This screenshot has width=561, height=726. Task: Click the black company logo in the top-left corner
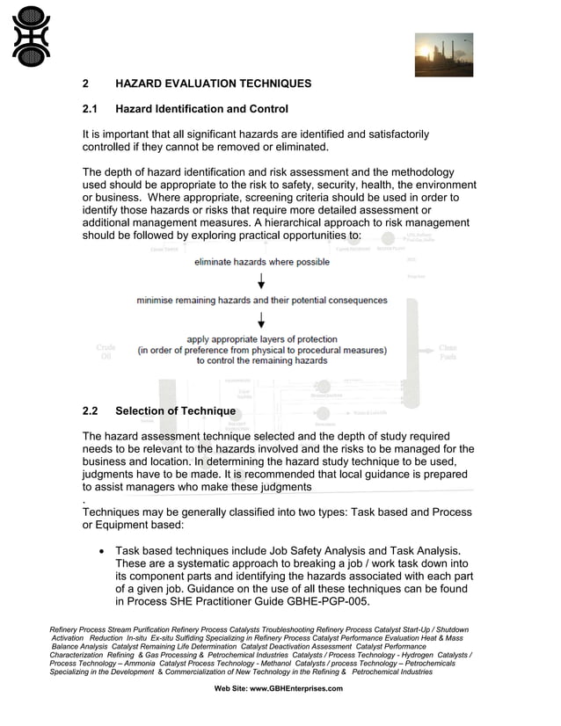(x=31, y=36)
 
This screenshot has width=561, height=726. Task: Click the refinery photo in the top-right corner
(x=443, y=54)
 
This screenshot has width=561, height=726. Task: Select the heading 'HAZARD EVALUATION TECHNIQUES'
(x=213, y=83)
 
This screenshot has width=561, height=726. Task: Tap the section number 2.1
(x=90, y=109)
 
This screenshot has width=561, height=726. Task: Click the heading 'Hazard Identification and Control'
(x=201, y=109)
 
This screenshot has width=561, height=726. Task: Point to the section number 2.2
(x=90, y=410)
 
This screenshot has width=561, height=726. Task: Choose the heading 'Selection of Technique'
(x=175, y=410)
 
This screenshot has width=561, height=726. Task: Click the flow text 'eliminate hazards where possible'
(x=262, y=262)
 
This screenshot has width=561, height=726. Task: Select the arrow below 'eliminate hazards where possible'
(x=261, y=280)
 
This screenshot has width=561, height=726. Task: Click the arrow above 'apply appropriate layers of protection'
(x=261, y=319)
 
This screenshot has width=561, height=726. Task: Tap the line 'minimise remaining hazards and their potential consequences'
(x=261, y=300)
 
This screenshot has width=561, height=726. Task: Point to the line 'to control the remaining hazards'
(x=261, y=360)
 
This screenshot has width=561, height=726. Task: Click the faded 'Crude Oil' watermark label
(x=106, y=352)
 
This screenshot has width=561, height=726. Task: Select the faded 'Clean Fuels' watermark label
(x=448, y=352)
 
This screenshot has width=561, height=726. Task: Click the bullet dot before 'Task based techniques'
(x=104, y=552)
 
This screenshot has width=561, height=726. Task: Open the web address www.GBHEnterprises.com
(x=296, y=688)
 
